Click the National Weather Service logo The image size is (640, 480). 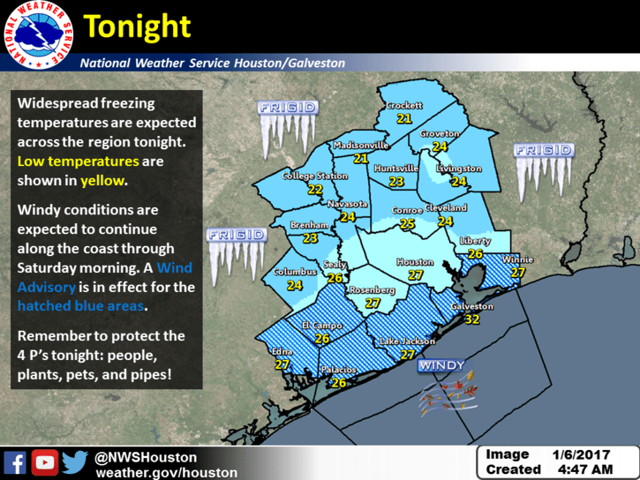(x=37, y=37)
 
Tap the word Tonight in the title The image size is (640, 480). (x=137, y=26)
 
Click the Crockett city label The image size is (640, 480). (x=404, y=106)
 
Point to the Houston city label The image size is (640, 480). (x=415, y=262)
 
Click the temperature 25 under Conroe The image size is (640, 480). (x=407, y=224)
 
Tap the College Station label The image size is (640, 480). (x=314, y=176)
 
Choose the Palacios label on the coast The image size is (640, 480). (x=339, y=370)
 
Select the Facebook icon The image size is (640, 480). (x=15, y=463)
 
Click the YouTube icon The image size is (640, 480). (x=45, y=463)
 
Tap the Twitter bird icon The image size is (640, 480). (x=74, y=463)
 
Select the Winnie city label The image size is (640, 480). (x=516, y=260)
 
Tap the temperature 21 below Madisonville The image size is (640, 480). (x=360, y=159)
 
